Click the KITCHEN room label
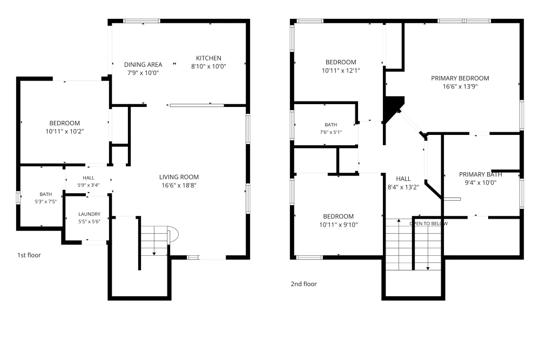coord(208,58)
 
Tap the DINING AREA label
coord(143,64)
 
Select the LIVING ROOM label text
coord(179,177)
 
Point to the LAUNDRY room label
coord(89,214)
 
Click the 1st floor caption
coord(29,255)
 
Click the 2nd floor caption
coord(303,284)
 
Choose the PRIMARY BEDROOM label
coord(460,78)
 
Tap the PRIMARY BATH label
coord(481,174)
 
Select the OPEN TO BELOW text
coord(429,223)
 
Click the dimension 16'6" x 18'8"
coord(179,186)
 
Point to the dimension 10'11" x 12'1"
coord(341,71)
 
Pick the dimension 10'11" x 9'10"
coord(339,225)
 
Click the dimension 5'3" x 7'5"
coord(46,202)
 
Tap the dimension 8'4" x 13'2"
coord(403,187)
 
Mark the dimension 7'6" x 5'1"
coord(331,132)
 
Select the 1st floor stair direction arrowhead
coord(154,254)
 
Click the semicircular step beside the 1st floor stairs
coord(173,235)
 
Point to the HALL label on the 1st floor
coord(89,178)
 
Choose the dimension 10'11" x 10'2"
coord(65,132)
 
